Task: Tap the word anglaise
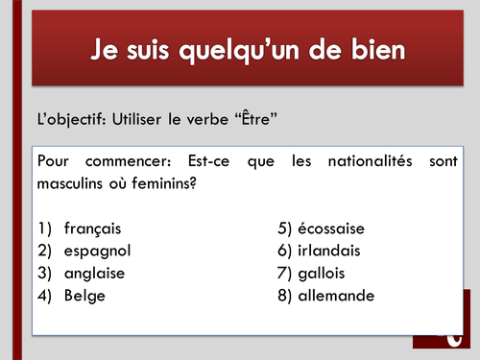click(x=94, y=274)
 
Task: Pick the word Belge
click(x=84, y=296)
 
